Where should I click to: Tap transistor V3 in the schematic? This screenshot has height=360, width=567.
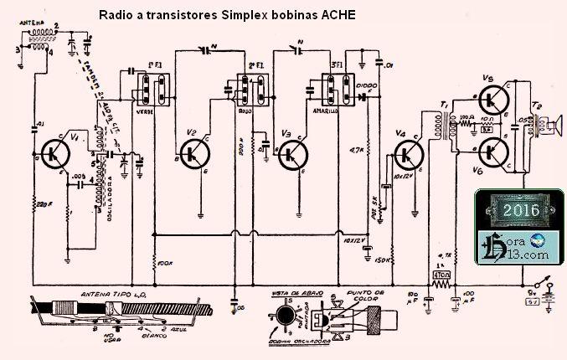[x=293, y=152]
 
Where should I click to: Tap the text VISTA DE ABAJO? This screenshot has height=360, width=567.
[x=290, y=293]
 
